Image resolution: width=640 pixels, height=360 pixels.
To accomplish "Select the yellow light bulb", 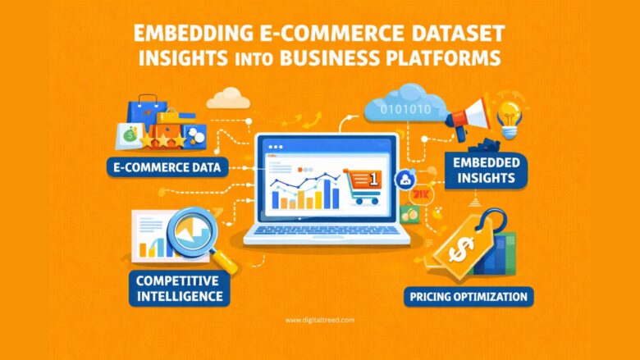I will coord(513,116).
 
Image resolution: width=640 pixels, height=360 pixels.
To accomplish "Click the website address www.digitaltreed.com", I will coord(321,321).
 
